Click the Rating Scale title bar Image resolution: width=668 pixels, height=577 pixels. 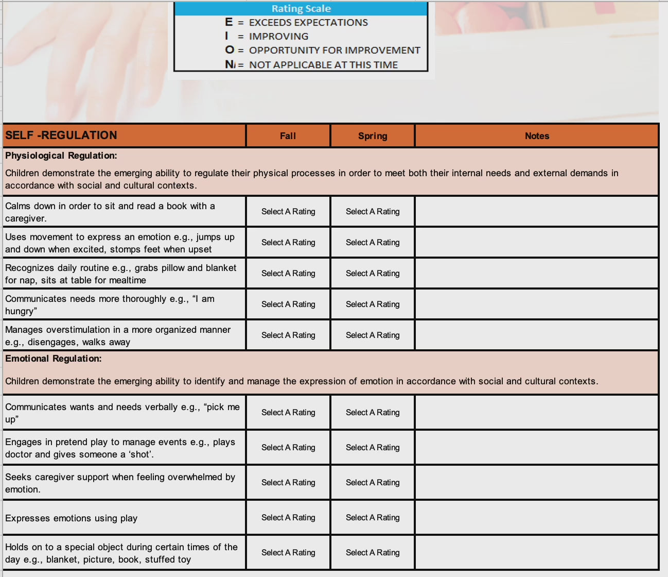pyautogui.click(x=301, y=9)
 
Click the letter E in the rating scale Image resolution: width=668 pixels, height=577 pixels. pyautogui.click(x=228, y=22)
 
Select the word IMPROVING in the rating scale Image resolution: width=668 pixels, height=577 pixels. pyautogui.click(x=278, y=37)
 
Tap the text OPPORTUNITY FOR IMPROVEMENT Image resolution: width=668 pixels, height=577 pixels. pyautogui.click(x=335, y=50)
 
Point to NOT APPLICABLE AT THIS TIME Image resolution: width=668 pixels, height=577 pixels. pyautogui.click(x=323, y=65)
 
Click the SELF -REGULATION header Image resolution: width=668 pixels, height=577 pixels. pyautogui.click(x=61, y=135)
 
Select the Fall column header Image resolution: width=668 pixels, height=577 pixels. pyautogui.click(x=288, y=136)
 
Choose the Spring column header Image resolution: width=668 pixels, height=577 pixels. pyautogui.click(x=373, y=136)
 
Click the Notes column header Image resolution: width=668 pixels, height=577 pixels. pyautogui.click(x=537, y=136)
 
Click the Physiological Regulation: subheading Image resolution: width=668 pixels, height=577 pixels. pyautogui.click(x=61, y=156)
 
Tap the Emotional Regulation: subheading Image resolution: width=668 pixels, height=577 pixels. pyautogui.click(x=54, y=359)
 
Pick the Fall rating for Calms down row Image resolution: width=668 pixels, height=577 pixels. pyautogui.click(x=288, y=212)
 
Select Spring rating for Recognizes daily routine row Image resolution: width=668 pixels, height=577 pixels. pyautogui.click(x=373, y=274)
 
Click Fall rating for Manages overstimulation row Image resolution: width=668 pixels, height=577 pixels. pyautogui.click(x=288, y=335)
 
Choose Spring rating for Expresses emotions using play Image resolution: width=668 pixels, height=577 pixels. pyautogui.click(x=373, y=518)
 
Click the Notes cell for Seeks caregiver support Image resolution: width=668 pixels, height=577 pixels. pyautogui.click(x=537, y=483)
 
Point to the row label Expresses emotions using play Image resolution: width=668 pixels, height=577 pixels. pyautogui.click(x=72, y=518)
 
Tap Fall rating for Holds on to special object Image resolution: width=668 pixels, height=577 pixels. pyautogui.click(x=288, y=553)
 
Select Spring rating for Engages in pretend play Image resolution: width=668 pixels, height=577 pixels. pyautogui.click(x=373, y=448)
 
